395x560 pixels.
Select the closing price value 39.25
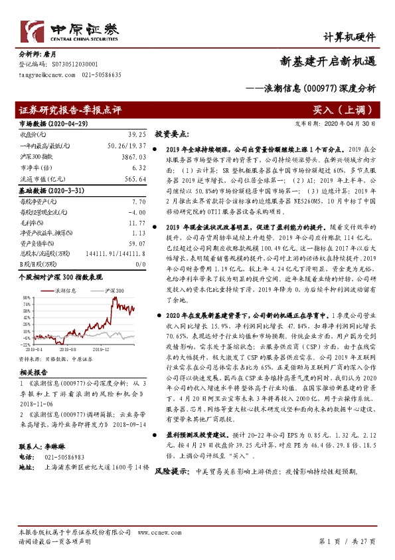[135, 135]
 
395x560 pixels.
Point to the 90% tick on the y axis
[25, 298]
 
